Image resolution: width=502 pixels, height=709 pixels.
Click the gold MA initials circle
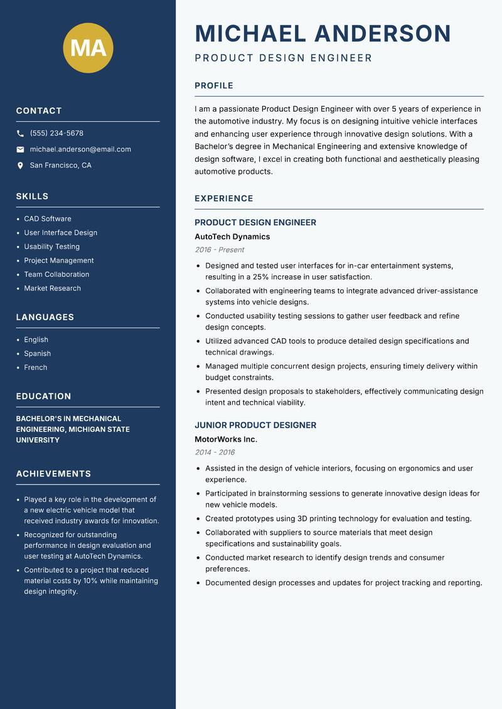[88, 48]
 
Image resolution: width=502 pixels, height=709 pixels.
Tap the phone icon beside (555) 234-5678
[20, 134]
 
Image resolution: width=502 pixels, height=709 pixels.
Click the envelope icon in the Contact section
[20, 149]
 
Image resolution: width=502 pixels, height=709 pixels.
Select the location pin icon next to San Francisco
[20, 166]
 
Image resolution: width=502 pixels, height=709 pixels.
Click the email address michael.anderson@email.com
[80, 149]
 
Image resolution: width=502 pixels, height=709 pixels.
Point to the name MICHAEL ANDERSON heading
[323, 33]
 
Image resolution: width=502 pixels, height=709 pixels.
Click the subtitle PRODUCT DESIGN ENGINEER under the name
[283, 58]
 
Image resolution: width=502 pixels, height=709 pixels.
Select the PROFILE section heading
[213, 86]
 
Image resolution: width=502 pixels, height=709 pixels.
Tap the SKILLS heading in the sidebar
[32, 196]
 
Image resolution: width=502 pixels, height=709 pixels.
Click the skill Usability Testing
[51, 247]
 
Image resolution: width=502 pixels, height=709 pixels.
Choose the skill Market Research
[52, 288]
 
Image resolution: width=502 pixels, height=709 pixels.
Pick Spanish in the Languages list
[37, 353]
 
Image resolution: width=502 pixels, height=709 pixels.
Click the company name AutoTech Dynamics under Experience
[232, 237]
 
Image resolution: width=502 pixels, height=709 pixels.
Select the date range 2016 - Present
[219, 250]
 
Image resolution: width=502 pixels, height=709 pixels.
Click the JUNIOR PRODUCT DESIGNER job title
[255, 425]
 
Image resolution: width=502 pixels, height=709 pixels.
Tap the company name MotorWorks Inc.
[226, 439]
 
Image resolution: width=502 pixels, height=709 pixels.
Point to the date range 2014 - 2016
[215, 452]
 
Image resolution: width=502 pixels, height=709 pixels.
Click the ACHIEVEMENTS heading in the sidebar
[53, 474]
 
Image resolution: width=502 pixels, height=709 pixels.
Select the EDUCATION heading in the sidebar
[43, 397]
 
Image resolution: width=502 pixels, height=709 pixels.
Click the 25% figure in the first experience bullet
[261, 277]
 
